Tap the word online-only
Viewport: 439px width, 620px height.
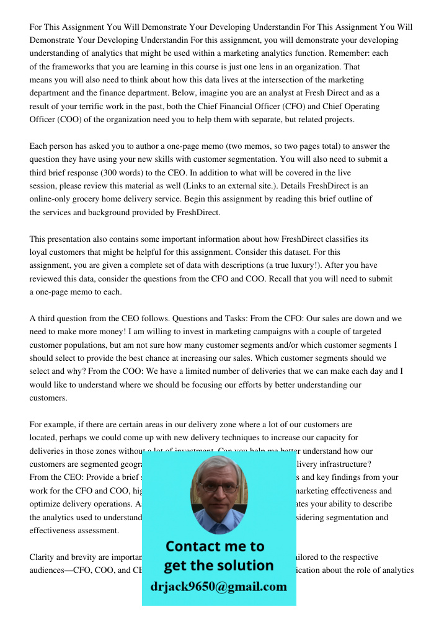(51, 199)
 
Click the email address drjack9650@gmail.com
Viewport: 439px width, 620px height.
(218, 587)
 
